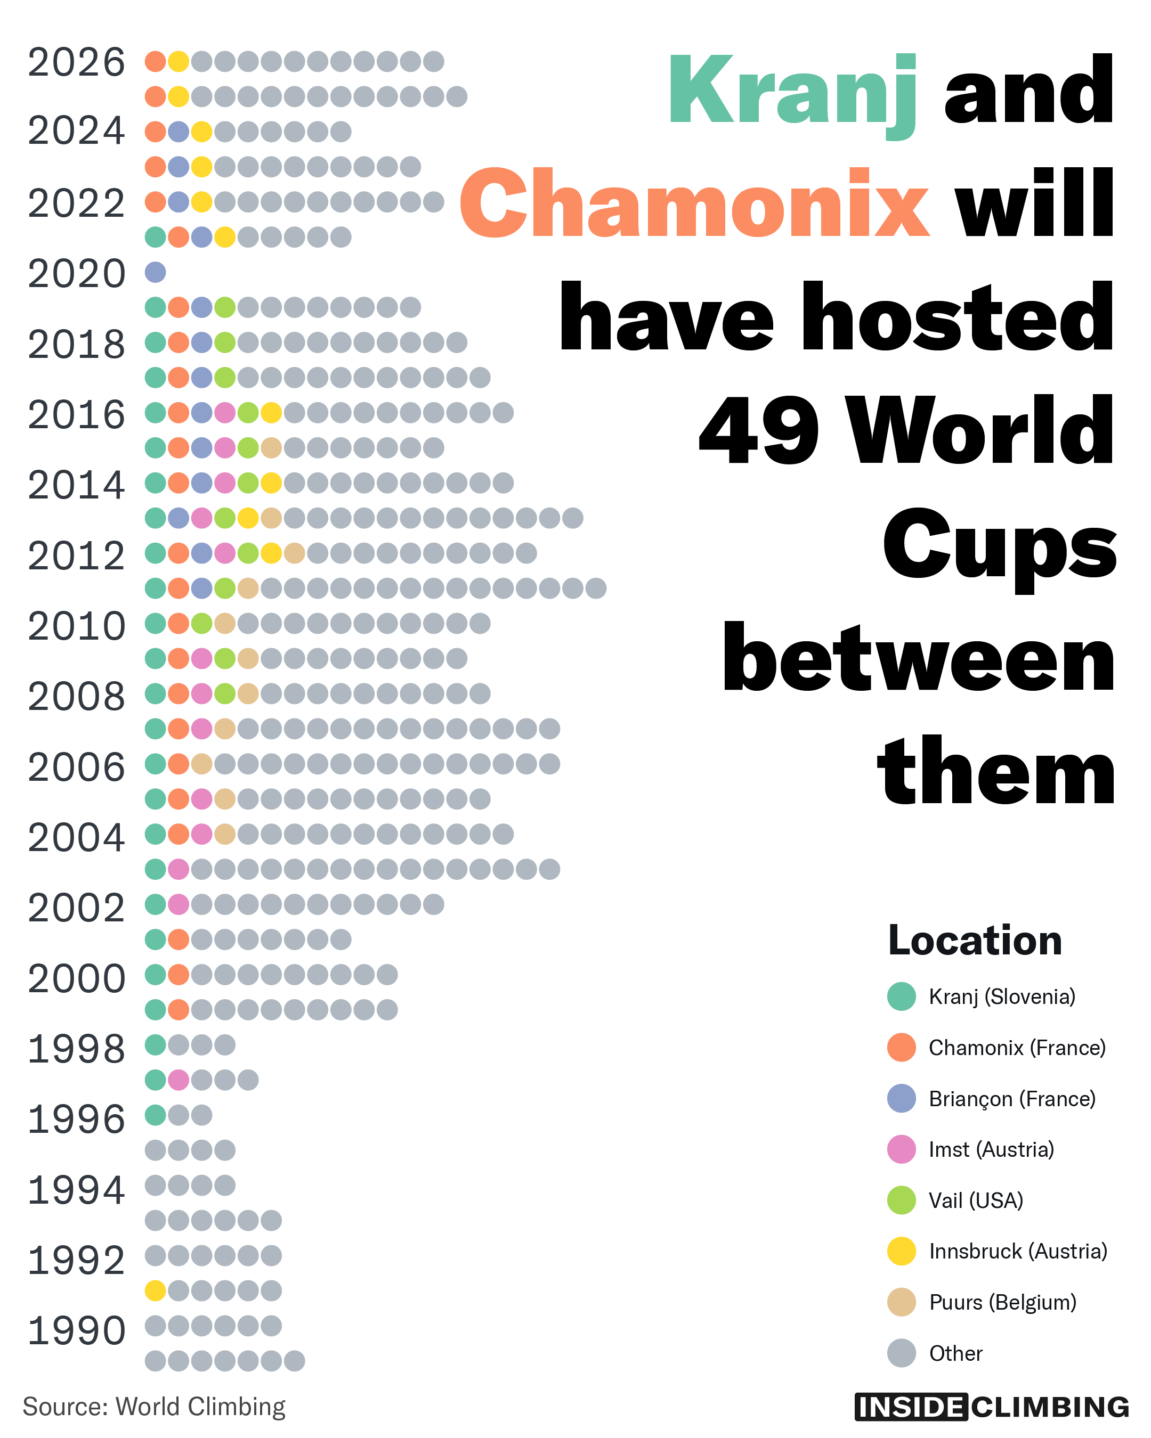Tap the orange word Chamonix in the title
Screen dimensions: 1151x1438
coord(694,203)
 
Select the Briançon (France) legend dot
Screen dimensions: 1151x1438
coord(902,1099)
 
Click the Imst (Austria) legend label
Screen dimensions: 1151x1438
coord(992,1149)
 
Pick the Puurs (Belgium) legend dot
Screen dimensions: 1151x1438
coord(902,1302)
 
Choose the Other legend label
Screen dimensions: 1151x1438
coord(955,1353)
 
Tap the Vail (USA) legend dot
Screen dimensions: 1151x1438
coord(902,1200)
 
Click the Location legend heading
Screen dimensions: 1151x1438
coord(975,941)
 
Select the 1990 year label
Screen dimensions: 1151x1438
coord(77,1330)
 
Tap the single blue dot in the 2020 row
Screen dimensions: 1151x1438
coord(156,272)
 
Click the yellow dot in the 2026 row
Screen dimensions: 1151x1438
coord(178,61)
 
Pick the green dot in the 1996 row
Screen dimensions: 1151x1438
coord(156,1115)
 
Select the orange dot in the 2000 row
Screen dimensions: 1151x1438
coord(178,975)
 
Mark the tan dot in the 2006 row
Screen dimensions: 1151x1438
coord(201,764)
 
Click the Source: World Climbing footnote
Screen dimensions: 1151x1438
coord(154,1407)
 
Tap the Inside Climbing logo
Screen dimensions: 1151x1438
coord(992,1407)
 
